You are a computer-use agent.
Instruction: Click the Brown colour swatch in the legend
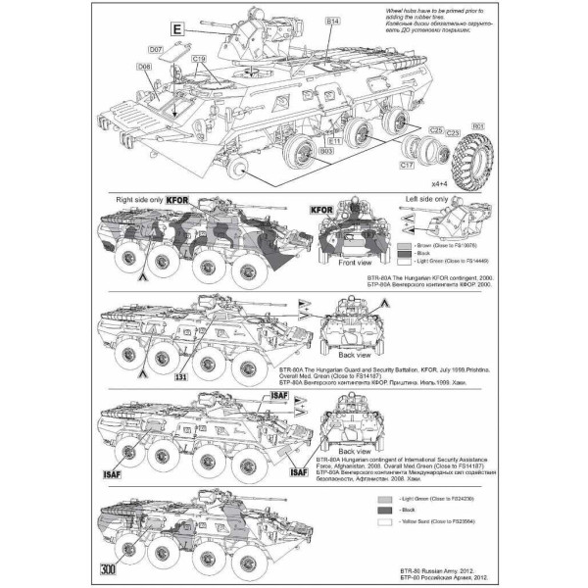point(405,241)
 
